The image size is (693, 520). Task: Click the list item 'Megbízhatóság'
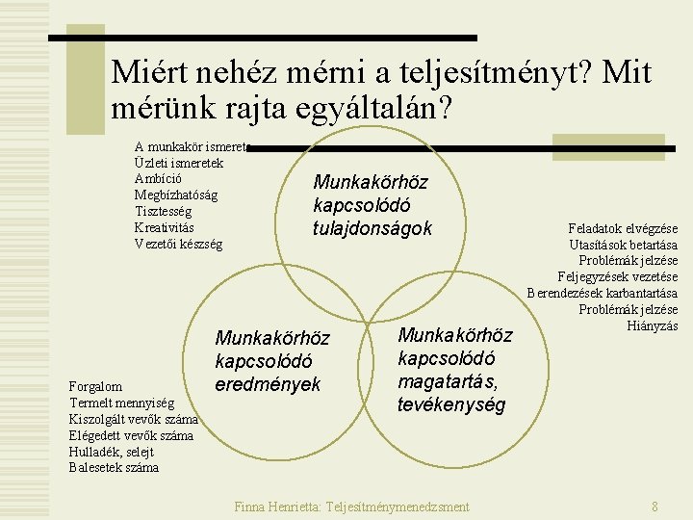click(x=176, y=195)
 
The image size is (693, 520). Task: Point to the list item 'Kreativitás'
click(x=165, y=227)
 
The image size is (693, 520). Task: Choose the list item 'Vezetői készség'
click(x=178, y=244)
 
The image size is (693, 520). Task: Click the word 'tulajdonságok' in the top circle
click(x=372, y=228)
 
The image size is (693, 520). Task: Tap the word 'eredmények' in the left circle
click(x=268, y=384)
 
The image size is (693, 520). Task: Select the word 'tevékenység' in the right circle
click(x=450, y=404)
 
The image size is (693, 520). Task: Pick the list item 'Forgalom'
click(x=95, y=387)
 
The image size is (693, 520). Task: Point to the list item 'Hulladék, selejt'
click(x=112, y=452)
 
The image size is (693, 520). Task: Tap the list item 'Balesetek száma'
click(x=114, y=468)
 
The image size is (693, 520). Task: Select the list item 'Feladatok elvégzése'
click(x=623, y=229)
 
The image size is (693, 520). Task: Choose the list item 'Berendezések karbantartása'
click(x=603, y=293)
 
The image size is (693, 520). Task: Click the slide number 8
click(x=654, y=507)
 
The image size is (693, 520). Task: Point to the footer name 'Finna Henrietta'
click(x=277, y=507)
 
